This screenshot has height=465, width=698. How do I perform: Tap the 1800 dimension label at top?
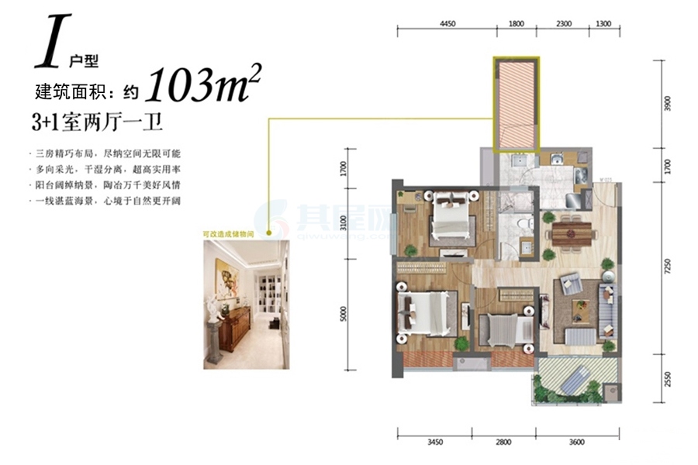[517, 23]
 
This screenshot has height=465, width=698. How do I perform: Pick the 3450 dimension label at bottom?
[434, 443]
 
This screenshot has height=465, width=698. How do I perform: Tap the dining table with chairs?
[570, 232]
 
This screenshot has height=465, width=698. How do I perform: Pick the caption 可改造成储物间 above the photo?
[230, 232]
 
